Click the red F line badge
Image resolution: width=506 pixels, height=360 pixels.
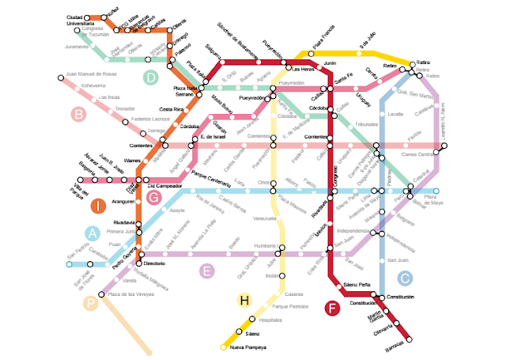[333, 309]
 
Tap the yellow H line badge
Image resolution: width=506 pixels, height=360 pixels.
[244, 301]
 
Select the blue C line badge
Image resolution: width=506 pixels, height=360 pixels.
[404, 278]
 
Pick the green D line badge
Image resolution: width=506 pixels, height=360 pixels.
[151, 77]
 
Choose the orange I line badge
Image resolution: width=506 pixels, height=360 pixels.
[97, 207]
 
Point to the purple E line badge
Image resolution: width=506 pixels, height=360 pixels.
[207, 271]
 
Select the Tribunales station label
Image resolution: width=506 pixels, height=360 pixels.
[366, 125]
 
